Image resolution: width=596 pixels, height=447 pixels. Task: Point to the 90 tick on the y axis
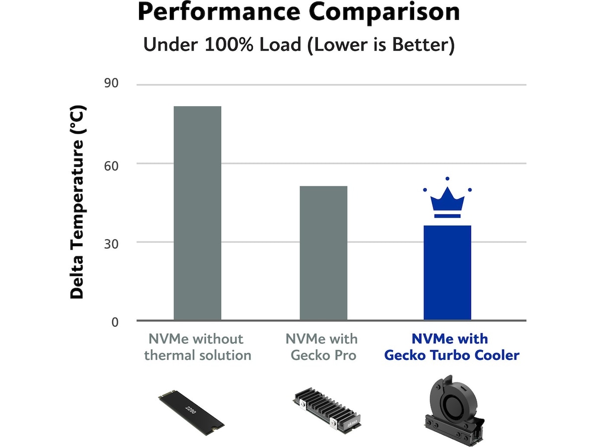[x=111, y=83]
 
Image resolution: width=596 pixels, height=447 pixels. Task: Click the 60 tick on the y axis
[x=111, y=164]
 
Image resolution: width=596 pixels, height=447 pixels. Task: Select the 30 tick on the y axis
[x=111, y=243]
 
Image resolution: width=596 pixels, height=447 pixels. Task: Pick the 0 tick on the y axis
[x=115, y=322]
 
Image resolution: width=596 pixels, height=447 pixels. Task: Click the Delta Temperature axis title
[x=78, y=203]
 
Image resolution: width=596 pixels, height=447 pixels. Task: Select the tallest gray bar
[x=197, y=214]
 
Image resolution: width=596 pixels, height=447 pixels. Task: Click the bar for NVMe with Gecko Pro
[x=323, y=253]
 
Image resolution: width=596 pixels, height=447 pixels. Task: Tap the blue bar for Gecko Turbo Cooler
[x=447, y=273]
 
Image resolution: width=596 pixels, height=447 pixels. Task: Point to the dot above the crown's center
[x=447, y=178]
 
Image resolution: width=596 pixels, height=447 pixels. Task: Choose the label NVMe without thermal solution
[x=197, y=347]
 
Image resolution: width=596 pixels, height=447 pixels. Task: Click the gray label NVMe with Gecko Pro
[x=321, y=347]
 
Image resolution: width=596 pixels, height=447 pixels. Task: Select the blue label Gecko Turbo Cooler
[x=451, y=356]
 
